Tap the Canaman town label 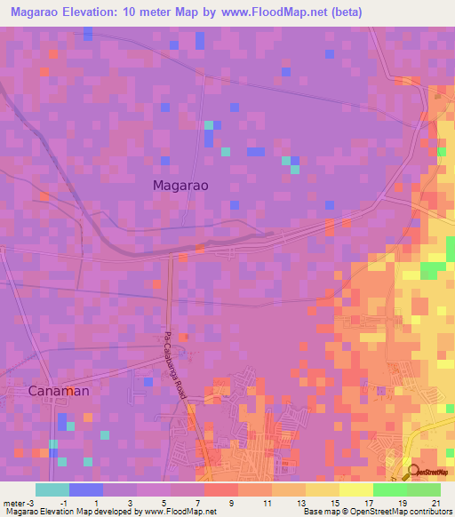coord(60,390)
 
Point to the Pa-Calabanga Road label coord(175,364)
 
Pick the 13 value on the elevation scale coord(300,503)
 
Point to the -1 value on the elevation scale coord(62,503)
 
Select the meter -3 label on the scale coord(17,503)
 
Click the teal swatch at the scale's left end coord(52,489)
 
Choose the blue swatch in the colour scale coord(86,489)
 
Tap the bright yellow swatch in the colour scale coord(356,489)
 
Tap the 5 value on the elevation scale coord(164,503)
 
